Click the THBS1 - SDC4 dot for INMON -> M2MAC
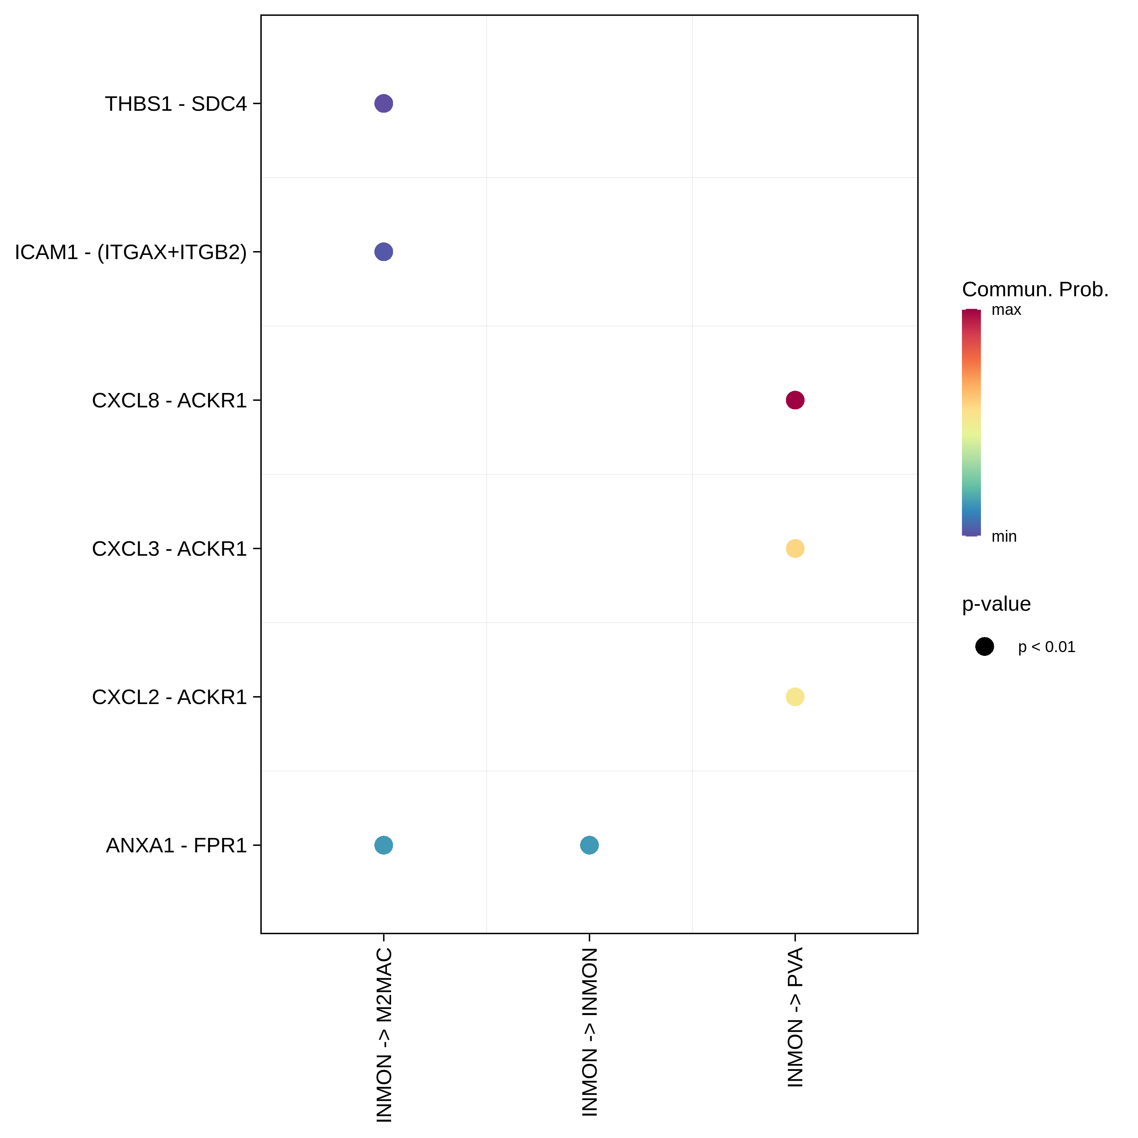(x=384, y=104)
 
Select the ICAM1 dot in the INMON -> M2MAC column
(x=384, y=252)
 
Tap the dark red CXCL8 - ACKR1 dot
(x=795, y=401)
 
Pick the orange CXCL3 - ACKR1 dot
(x=795, y=549)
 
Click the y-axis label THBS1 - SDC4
(x=176, y=104)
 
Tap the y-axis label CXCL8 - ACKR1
(x=169, y=401)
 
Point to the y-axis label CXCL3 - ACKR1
(x=169, y=549)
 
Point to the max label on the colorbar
(x=1006, y=310)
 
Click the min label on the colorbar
(x=1004, y=537)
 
